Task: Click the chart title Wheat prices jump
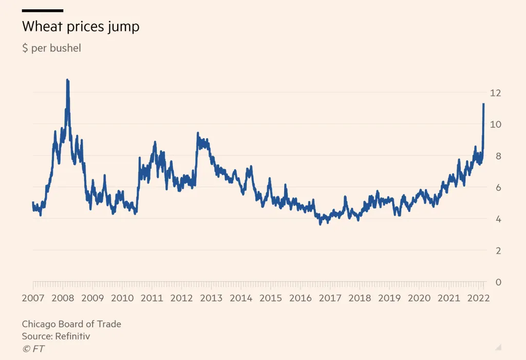(x=81, y=27)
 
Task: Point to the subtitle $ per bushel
(x=51, y=49)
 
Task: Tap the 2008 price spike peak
(x=67, y=81)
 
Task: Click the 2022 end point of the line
(x=483, y=104)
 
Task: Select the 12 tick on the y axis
(x=495, y=93)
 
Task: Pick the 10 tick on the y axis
(x=495, y=124)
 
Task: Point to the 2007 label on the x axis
(x=32, y=298)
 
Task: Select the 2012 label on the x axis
(x=181, y=298)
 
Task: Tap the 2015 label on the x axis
(x=271, y=298)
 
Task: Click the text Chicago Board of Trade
(x=71, y=324)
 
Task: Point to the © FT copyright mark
(x=34, y=349)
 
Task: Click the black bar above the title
(x=43, y=10)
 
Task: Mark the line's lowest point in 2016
(x=321, y=224)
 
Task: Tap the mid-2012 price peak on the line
(x=198, y=134)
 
